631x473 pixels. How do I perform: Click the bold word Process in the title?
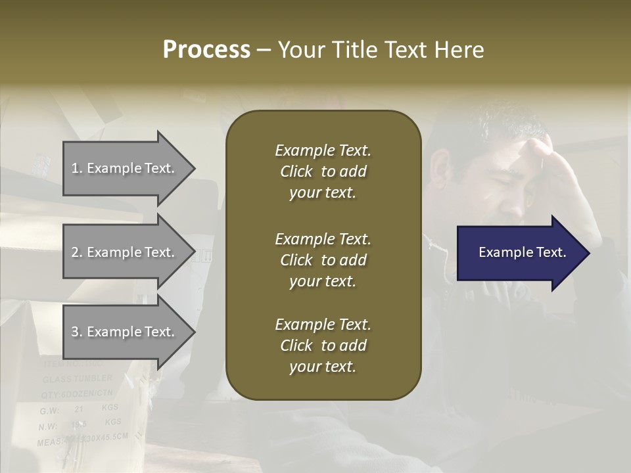click(206, 50)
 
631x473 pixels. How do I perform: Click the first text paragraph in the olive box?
click(323, 171)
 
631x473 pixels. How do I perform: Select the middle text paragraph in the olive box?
click(323, 260)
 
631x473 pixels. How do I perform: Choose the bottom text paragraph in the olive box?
click(323, 346)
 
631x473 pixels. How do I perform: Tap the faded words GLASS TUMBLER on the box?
click(78, 379)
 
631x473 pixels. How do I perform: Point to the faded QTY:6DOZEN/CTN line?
click(78, 395)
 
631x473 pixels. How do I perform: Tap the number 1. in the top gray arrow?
click(77, 168)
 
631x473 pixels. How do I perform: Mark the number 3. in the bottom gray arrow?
click(77, 332)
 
